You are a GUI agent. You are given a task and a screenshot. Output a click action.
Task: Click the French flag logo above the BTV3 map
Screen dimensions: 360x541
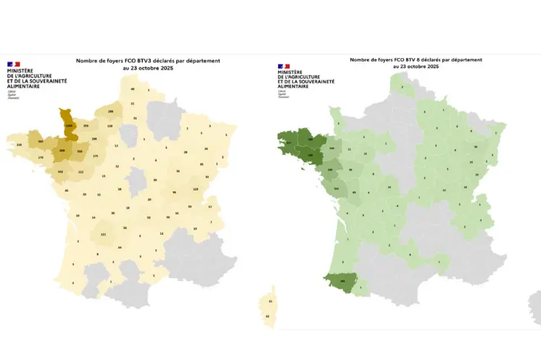point(12,64)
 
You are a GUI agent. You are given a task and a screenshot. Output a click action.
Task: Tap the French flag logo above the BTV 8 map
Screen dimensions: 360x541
point(282,66)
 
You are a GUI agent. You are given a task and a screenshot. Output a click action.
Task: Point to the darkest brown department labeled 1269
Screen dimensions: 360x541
point(70,126)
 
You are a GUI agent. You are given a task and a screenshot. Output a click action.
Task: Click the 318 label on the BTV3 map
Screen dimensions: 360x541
point(19,145)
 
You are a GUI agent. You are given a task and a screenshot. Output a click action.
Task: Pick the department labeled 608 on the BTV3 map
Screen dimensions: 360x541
point(62,150)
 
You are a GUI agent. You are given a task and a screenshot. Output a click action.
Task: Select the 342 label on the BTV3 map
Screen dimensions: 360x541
point(60,172)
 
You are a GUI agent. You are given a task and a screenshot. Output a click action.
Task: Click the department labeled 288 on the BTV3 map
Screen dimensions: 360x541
point(110,112)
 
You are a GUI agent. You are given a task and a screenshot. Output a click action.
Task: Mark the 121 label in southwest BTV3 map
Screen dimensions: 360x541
point(103,235)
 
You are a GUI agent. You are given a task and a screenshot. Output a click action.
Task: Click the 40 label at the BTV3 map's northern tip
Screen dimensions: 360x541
point(133,88)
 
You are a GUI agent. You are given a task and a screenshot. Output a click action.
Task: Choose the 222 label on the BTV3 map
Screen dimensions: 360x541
point(80,172)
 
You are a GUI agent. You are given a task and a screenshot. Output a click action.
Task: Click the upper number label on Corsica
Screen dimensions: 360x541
point(270,301)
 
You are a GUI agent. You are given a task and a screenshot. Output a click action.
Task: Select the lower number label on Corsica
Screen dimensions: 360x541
point(268,317)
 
